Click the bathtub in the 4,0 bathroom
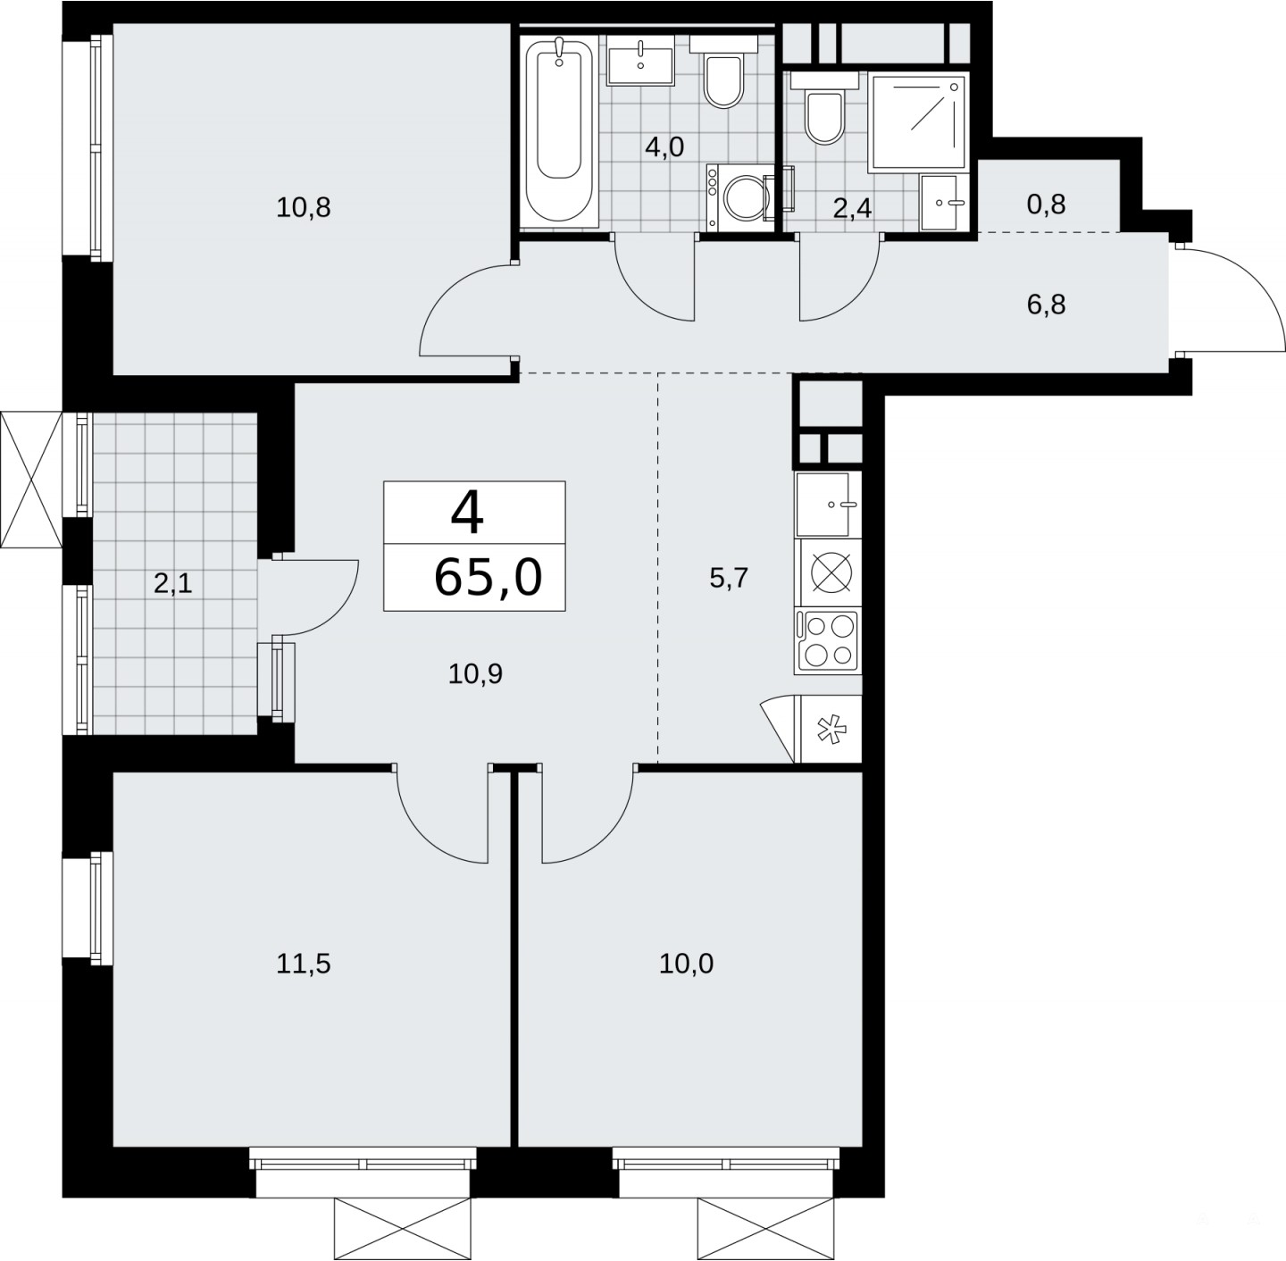tap(558, 131)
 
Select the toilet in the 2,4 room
tap(824, 108)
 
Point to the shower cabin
tap(917, 121)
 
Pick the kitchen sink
tap(828, 505)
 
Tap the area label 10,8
tap(304, 207)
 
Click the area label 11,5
tap(304, 964)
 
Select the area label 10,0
tap(686, 964)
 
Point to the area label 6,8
tap(1046, 305)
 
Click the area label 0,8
tap(1046, 205)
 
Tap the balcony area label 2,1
tap(173, 584)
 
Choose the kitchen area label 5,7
tap(729, 578)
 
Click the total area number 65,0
tap(488, 578)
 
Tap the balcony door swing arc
tap(337, 612)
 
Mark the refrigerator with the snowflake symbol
tap(828, 730)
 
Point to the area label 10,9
tap(475, 674)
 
